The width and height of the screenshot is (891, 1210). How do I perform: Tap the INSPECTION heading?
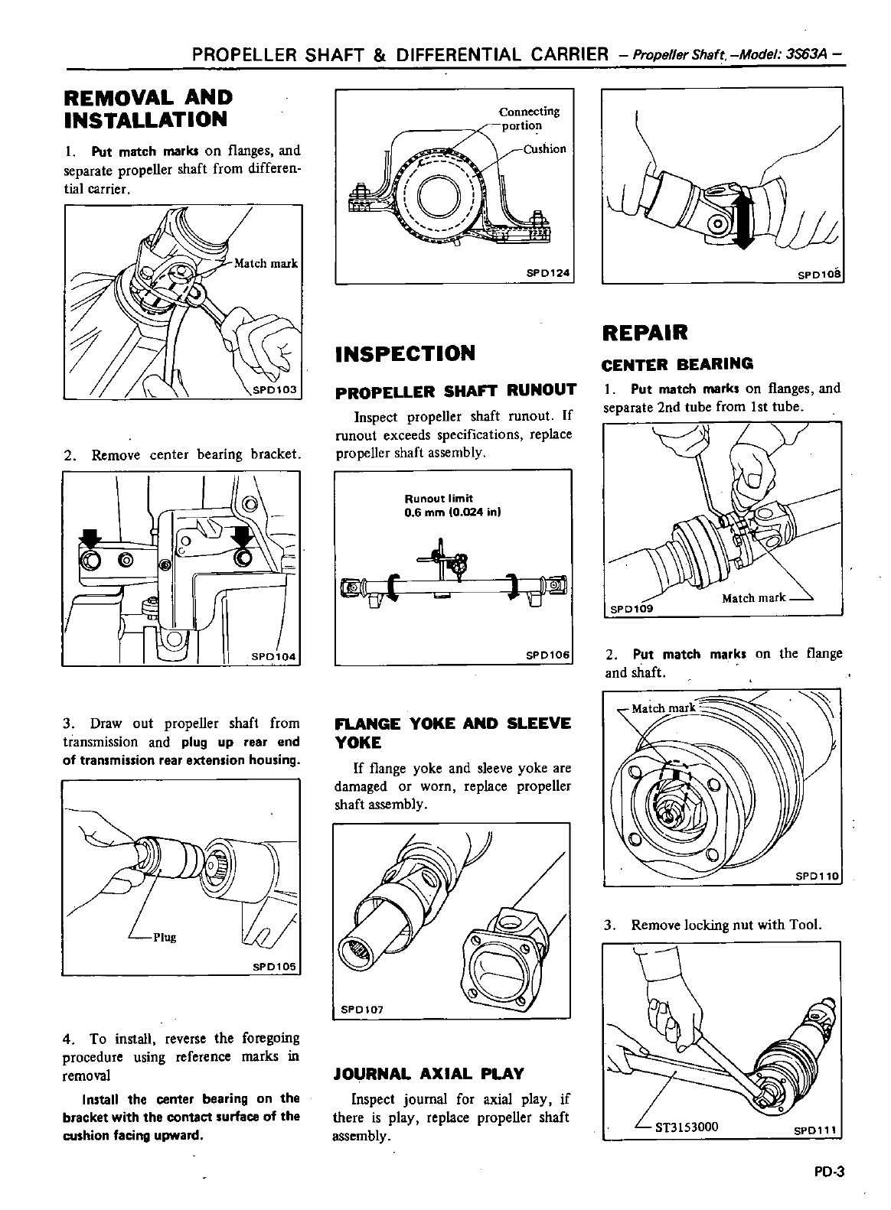404,353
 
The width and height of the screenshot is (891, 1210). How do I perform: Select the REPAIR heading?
645,333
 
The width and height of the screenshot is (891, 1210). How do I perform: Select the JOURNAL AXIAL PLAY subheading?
429,1074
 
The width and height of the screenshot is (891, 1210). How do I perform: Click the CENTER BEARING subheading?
677,363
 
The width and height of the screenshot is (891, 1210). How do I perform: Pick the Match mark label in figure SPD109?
753,598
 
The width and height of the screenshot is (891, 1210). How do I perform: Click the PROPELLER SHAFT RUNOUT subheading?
455,391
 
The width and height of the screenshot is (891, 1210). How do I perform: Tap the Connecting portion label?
530,119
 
